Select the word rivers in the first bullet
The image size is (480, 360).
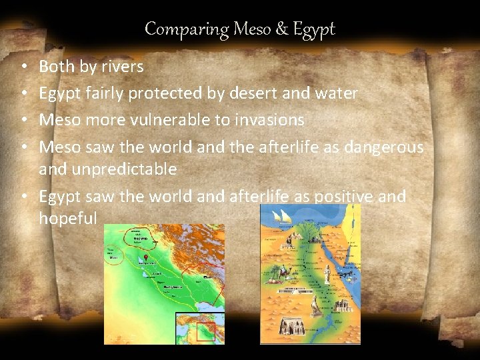tap(122, 67)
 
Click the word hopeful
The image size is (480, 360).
tap(68, 218)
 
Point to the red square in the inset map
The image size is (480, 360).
tap(206, 331)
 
